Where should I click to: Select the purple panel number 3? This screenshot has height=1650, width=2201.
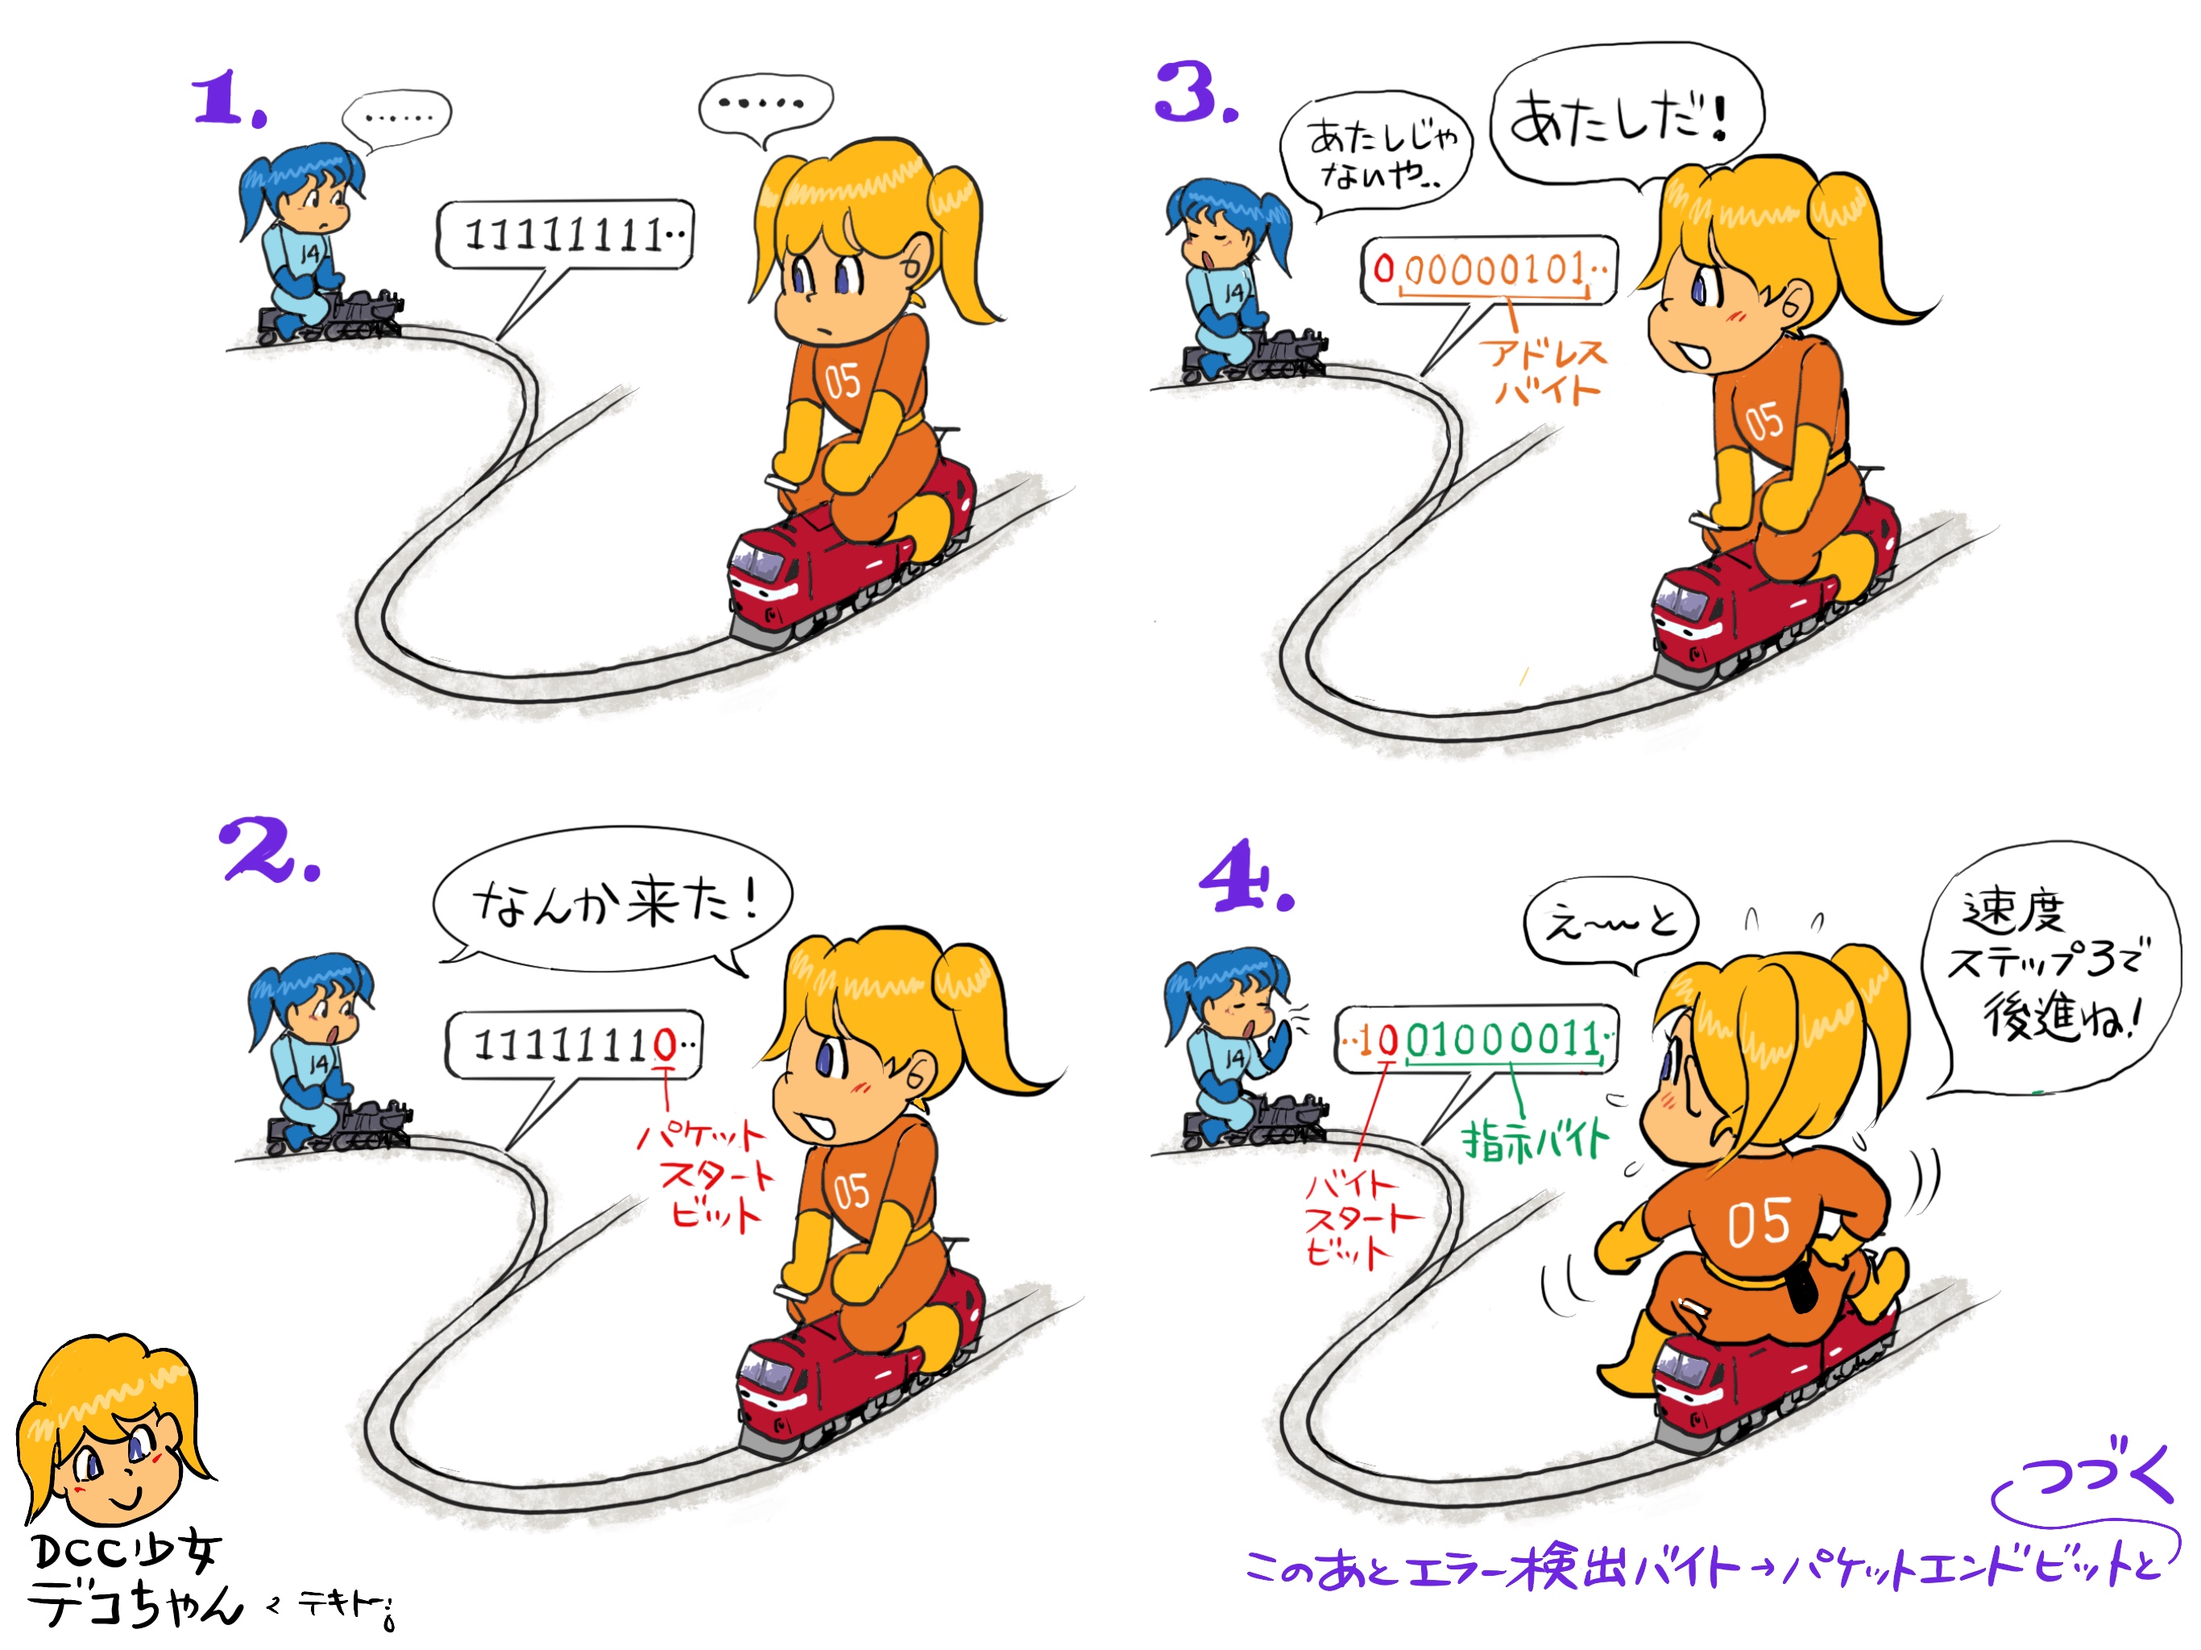click(x=1195, y=92)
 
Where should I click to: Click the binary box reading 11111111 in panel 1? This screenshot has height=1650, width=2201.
click(x=564, y=235)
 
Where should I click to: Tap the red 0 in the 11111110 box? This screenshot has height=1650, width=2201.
click(x=664, y=1044)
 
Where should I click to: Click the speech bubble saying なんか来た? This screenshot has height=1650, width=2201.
click(x=613, y=901)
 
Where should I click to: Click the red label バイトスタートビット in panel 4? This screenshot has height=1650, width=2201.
click(x=1358, y=1220)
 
